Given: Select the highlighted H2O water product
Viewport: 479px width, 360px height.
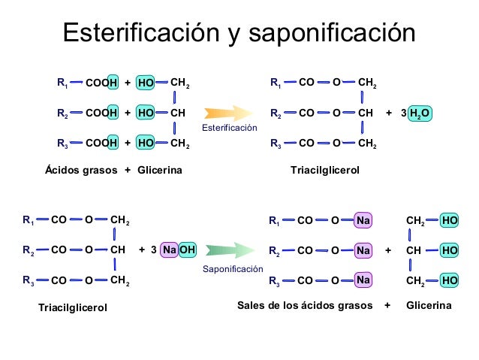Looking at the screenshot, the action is (x=420, y=113).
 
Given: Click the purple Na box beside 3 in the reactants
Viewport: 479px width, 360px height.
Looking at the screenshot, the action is (x=170, y=250).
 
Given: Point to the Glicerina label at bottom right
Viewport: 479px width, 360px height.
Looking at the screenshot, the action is (x=429, y=306).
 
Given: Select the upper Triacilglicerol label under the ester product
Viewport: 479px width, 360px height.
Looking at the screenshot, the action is (x=325, y=171).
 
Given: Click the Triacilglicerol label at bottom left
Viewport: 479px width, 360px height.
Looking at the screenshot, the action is (x=73, y=308).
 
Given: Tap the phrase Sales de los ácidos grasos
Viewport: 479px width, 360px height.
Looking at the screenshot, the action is (x=305, y=306).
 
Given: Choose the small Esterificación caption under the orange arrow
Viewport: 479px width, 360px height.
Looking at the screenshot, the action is (x=229, y=129).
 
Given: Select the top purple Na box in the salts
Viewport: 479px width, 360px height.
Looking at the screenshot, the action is (x=363, y=220).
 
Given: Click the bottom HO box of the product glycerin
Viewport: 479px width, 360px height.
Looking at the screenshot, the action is (x=450, y=280).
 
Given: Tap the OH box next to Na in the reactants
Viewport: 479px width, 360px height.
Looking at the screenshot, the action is (x=188, y=250).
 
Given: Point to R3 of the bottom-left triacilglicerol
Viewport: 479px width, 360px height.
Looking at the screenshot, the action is (x=28, y=281).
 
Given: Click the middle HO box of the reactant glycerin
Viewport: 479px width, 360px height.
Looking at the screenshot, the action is (x=146, y=113).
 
